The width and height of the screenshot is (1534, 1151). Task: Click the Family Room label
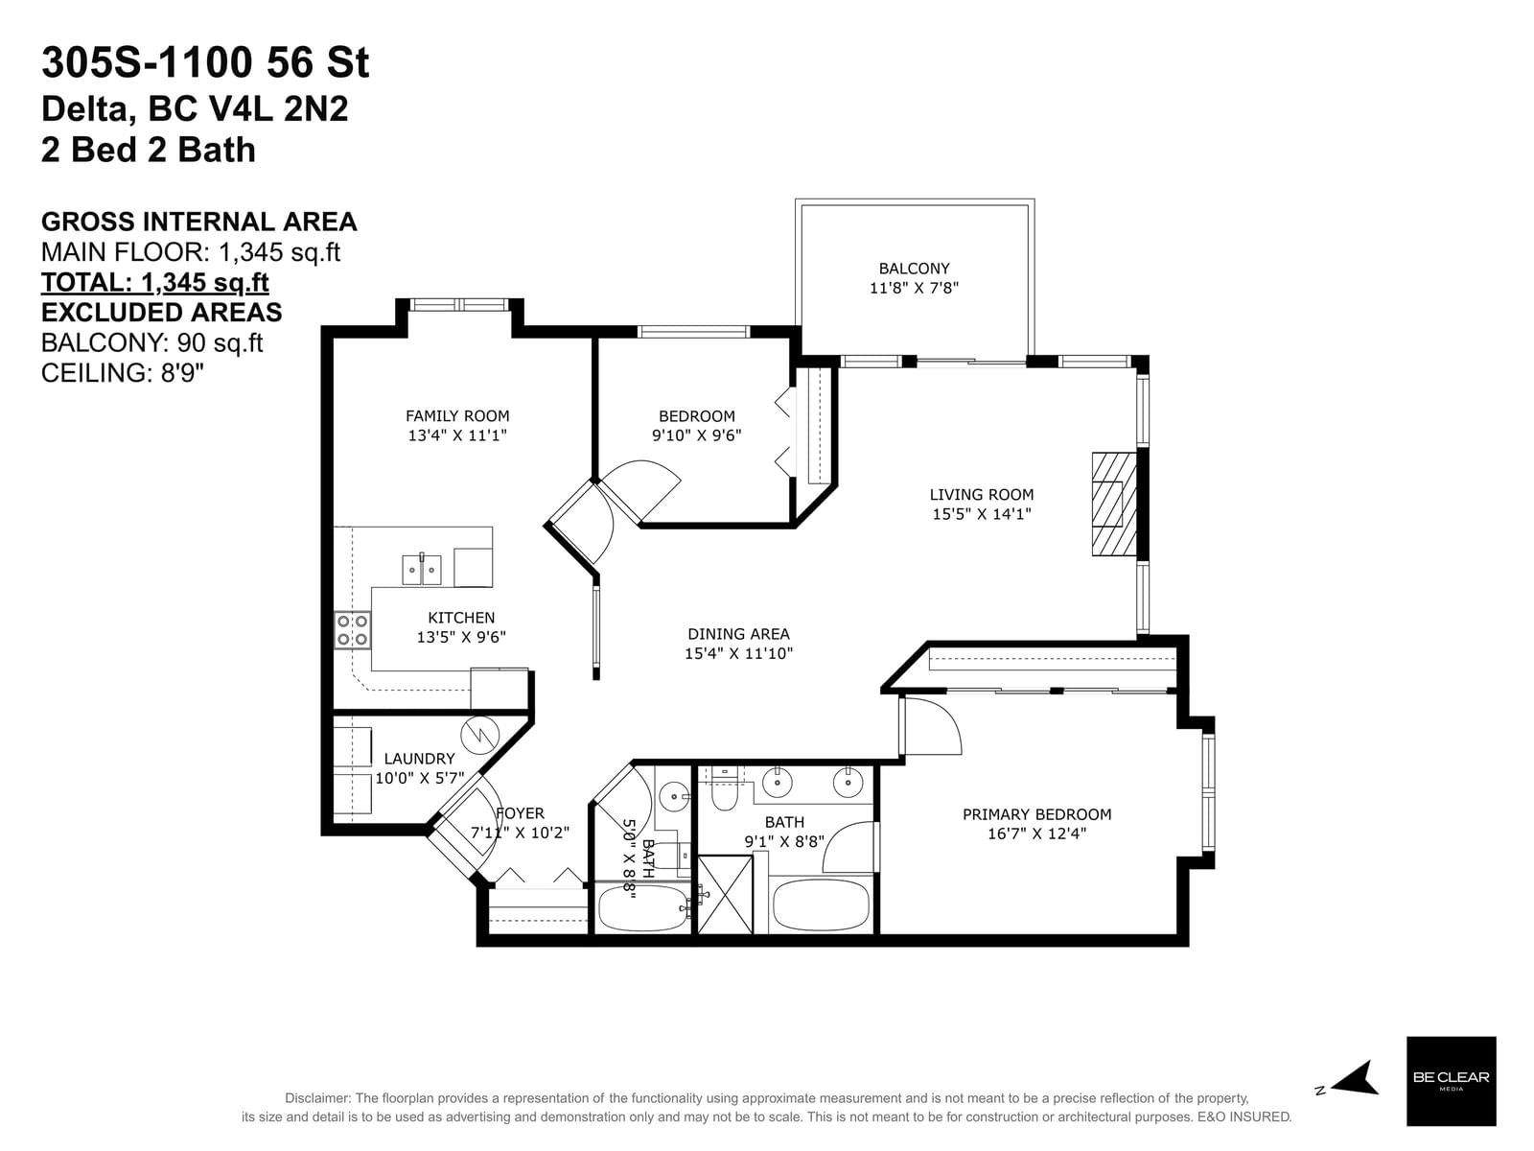pyautogui.click(x=457, y=416)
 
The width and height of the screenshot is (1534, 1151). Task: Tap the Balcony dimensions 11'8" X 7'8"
pyautogui.click(x=914, y=287)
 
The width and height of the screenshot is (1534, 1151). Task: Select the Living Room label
pyautogui.click(x=981, y=495)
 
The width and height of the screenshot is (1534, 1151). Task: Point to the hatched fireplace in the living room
pyautogui.click(x=1114, y=504)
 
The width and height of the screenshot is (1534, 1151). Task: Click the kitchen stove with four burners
pyautogui.click(x=352, y=630)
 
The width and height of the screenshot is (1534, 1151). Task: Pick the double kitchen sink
pyautogui.click(x=422, y=570)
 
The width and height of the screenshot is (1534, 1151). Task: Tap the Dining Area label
pyautogui.click(x=738, y=634)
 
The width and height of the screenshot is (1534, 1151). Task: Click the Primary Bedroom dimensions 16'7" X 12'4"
pyautogui.click(x=1036, y=833)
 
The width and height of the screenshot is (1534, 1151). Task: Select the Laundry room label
pyautogui.click(x=419, y=759)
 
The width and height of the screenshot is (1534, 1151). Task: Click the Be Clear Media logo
pyautogui.click(x=1451, y=1081)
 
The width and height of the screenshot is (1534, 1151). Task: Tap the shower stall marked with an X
pyautogui.click(x=725, y=895)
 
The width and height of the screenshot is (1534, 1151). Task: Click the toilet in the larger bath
pyautogui.click(x=724, y=789)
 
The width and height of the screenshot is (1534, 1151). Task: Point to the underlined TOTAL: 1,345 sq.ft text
pyautogui.click(x=155, y=282)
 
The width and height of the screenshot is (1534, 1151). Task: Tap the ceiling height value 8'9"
pyautogui.click(x=182, y=373)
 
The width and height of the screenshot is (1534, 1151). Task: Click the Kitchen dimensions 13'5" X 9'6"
pyautogui.click(x=461, y=637)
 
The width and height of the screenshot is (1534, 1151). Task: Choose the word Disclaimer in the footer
pyautogui.click(x=317, y=1098)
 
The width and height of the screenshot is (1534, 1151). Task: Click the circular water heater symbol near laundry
pyautogui.click(x=479, y=735)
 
